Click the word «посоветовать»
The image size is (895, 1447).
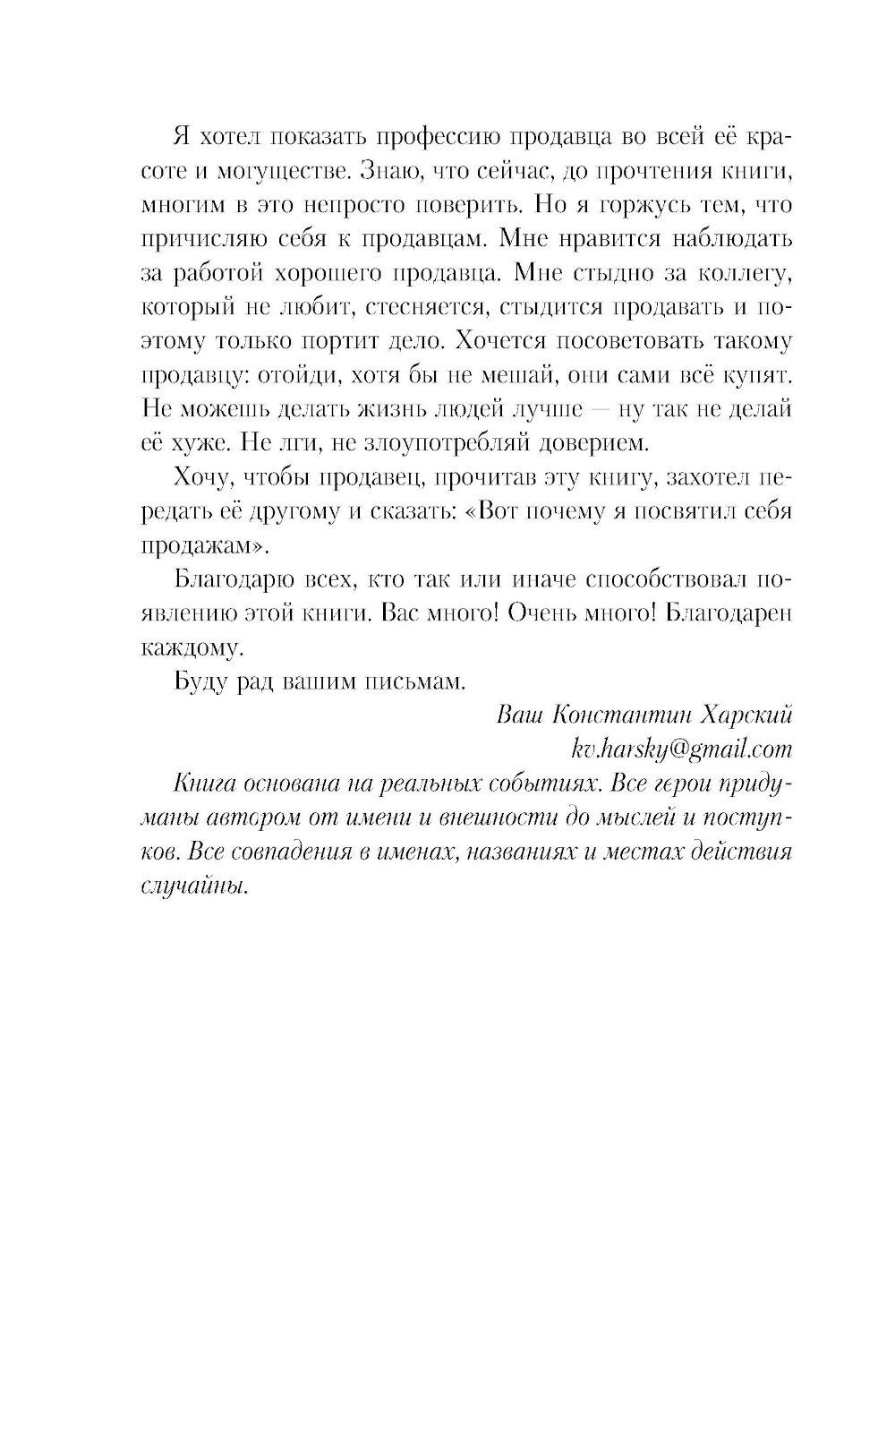pos(628,341)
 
